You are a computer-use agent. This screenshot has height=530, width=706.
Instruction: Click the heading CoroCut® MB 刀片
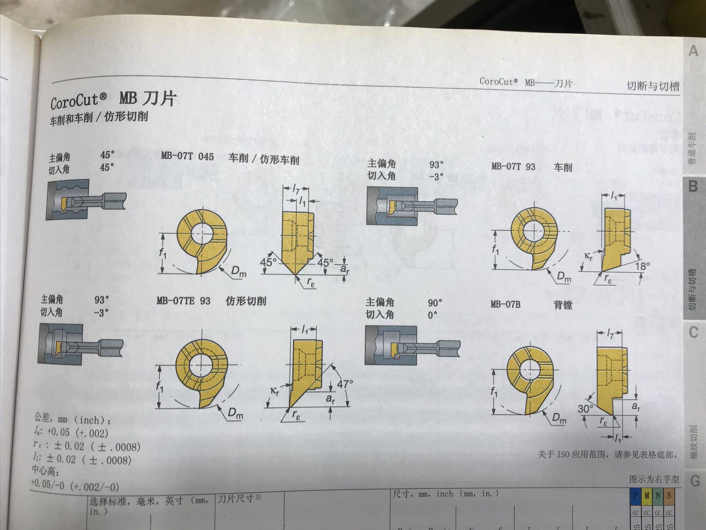113,100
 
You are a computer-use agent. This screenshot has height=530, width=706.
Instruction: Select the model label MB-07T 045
187,156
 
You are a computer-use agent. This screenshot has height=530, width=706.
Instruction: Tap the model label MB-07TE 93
183,300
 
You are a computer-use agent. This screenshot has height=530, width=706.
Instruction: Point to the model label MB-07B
505,304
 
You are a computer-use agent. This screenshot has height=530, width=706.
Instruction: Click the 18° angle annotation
642,266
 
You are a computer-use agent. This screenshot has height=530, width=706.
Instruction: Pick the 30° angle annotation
585,408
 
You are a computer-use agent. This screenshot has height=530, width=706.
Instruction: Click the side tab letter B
693,186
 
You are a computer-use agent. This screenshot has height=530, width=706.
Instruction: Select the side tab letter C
693,332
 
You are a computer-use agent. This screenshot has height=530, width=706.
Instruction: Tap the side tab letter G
694,481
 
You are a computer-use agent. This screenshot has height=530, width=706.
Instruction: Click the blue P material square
636,495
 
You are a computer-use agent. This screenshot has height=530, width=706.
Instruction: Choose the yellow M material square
647,495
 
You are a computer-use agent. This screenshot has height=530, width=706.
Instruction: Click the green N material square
658,495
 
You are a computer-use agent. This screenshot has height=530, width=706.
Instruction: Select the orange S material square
669,495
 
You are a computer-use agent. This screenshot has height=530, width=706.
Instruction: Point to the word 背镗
563,305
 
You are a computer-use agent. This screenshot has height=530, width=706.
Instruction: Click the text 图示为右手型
654,479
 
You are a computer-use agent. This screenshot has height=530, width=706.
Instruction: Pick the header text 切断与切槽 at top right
653,86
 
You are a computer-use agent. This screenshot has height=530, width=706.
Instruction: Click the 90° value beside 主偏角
435,303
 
